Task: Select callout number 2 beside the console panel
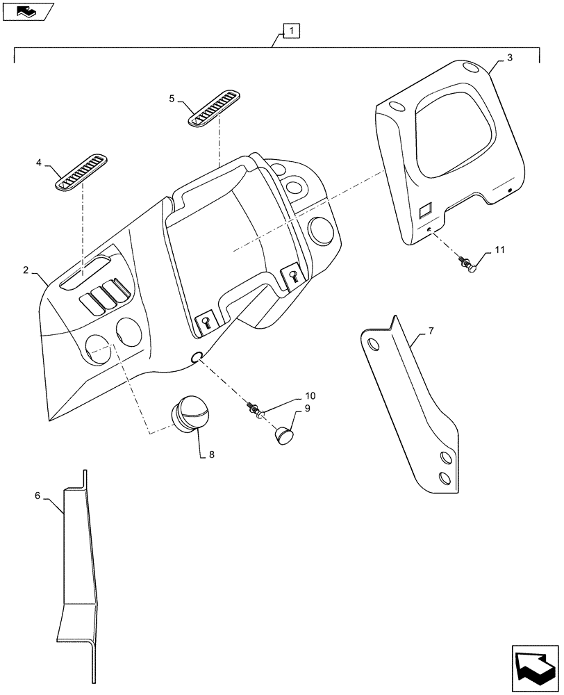[x=26, y=270]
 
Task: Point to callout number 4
[x=39, y=163]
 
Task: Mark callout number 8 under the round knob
[x=212, y=455]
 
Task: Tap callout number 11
[x=500, y=249]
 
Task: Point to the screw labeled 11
[x=467, y=263]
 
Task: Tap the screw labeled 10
[x=254, y=410]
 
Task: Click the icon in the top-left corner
[x=27, y=10]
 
